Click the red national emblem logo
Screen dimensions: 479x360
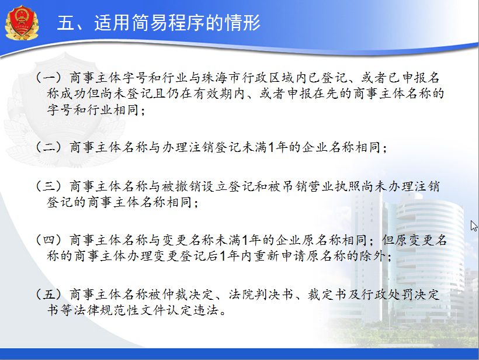click(22, 23)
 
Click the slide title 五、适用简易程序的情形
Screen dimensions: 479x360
click(158, 23)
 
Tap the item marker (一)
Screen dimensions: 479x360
click(49, 77)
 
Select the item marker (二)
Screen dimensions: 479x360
click(49, 147)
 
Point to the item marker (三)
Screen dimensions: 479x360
click(49, 186)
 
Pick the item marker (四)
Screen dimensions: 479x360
click(49, 240)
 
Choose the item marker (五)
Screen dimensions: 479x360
click(49, 295)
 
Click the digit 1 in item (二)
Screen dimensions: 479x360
click(270, 147)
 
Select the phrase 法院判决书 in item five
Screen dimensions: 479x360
click(261, 295)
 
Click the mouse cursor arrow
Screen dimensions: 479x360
click(474, 226)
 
